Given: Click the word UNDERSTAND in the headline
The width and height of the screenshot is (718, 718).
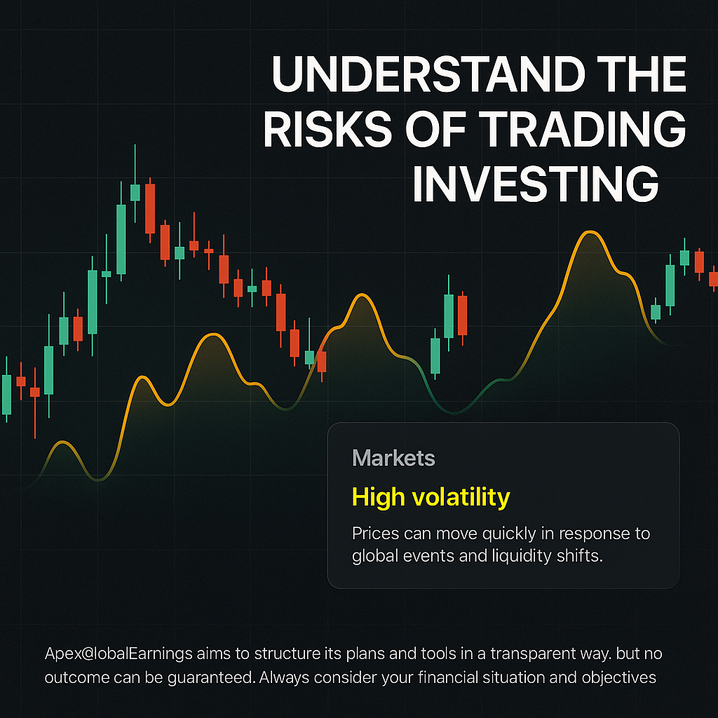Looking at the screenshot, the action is [428, 74].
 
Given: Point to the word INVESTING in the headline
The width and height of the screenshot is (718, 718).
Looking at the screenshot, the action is [535, 184].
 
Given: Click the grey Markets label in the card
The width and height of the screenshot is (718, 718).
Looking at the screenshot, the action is [393, 457].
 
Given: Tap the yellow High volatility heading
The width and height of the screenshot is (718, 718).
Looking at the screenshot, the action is [431, 497].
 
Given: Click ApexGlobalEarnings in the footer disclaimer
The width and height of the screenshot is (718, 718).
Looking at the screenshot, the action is [118, 654].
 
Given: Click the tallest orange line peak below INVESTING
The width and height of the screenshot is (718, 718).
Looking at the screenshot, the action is [590, 233].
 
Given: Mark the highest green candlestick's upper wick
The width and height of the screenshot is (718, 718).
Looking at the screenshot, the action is [135, 164].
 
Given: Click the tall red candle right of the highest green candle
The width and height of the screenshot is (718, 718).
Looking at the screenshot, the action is [150, 209].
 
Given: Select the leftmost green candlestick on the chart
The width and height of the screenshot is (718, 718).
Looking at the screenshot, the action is [6, 395].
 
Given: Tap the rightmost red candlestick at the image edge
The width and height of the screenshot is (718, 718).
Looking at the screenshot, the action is [713, 279].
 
